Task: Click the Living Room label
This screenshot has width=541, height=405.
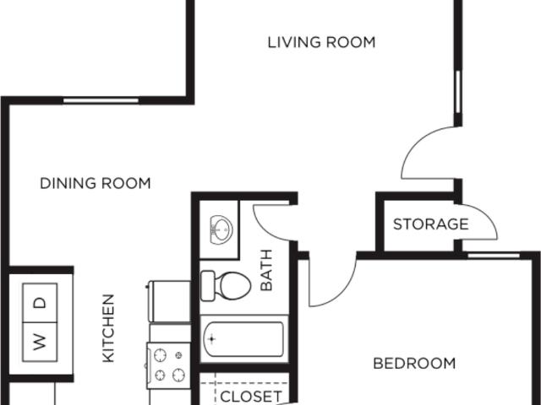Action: coord(321,42)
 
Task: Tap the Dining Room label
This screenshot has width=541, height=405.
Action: coord(96,183)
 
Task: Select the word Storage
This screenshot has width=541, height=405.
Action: coord(430,224)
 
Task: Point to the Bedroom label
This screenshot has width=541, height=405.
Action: coord(414,364)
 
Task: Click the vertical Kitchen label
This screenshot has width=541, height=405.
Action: coord(108,328)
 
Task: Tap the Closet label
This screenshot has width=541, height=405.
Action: coord(250,396)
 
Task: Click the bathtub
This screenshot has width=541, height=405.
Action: coord(243,342)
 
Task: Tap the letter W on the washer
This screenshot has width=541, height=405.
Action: coord(39,342)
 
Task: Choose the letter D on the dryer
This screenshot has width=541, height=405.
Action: coord(39,301)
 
